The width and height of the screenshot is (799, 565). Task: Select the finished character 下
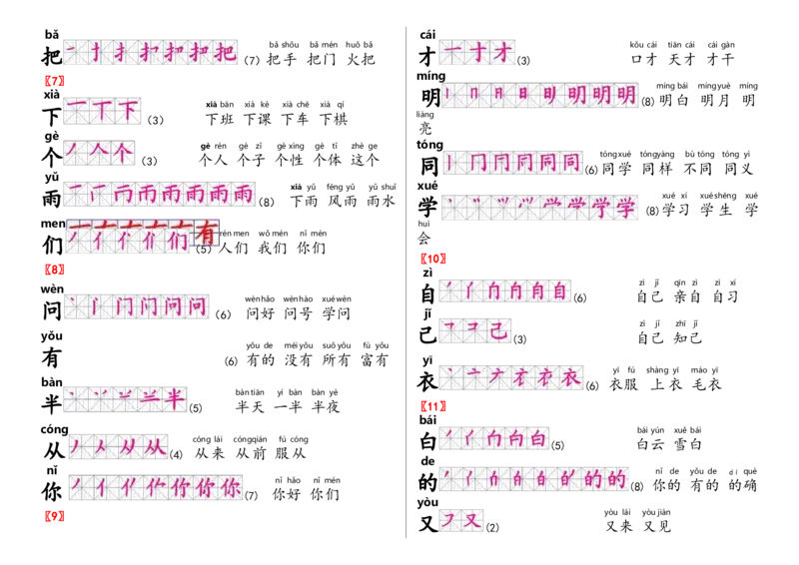pos(129,110)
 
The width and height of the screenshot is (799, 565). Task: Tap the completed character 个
pos(121,153)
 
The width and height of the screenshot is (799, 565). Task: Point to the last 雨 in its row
pos(243,194)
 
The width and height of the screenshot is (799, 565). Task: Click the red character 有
pos(206,234)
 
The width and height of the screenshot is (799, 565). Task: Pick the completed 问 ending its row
pos(200,305)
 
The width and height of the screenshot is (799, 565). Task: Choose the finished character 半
pos(175,398)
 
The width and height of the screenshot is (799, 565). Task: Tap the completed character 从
pos(156,446)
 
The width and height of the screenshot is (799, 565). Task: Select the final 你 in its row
pos(230,488)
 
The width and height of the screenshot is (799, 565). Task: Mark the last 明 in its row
pos(625,96)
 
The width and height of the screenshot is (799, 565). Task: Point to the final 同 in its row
pos(570,161)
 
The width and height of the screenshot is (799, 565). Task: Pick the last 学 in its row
pos(625,209)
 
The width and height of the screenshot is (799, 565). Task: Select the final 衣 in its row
pos(570,376)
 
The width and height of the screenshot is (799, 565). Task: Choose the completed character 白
pos(535,437)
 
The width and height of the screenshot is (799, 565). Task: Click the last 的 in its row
pos(616,479)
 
